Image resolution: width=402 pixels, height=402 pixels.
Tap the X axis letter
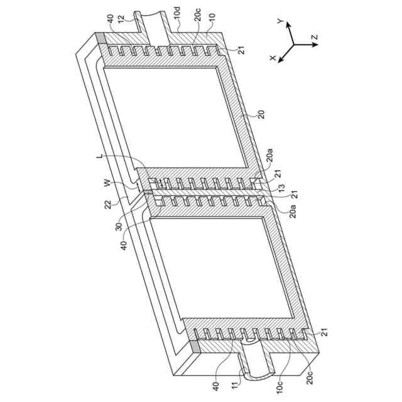coord(273,57)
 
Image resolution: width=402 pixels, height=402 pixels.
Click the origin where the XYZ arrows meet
coord(293,45)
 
